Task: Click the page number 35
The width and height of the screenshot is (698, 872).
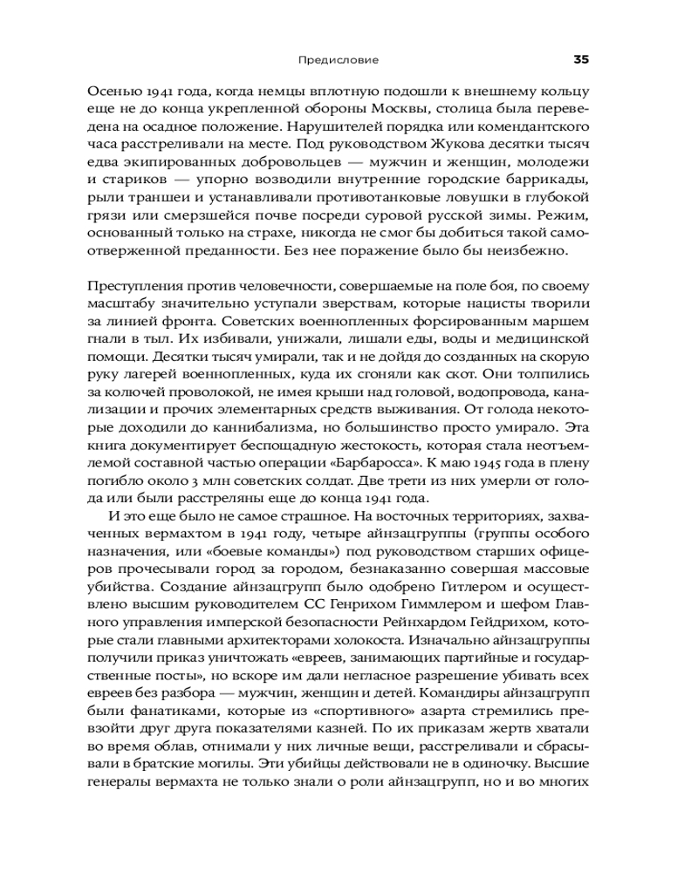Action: (582, 60)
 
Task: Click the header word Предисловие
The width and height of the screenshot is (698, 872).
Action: (339, 61)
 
